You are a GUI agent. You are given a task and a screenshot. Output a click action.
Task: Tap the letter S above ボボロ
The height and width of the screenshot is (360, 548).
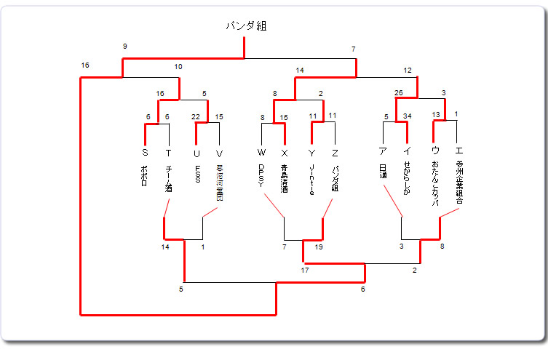pos(146,153)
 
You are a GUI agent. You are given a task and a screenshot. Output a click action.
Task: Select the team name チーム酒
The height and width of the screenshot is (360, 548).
pos(168,178)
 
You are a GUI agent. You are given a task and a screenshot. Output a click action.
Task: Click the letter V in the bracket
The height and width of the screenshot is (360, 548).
pos(219,153)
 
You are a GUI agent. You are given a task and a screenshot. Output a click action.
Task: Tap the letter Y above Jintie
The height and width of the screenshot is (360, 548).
pos(311,153)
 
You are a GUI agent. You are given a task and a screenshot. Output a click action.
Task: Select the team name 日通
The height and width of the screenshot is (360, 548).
pos(383,172)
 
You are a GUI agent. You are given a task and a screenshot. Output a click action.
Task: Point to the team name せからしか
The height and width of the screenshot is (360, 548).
pos(406,180)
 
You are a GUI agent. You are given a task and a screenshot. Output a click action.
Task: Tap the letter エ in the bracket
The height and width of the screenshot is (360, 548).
pos(458,151)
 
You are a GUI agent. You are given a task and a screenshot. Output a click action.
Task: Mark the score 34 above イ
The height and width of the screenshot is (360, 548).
pos(407,116)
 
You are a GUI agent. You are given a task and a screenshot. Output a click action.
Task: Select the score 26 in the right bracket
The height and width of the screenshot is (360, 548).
pos(398,92)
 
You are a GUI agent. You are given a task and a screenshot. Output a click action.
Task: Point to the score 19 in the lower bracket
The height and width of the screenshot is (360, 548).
pos(319,247)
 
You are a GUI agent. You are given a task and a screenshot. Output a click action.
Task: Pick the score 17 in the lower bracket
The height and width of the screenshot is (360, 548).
pos(306,271)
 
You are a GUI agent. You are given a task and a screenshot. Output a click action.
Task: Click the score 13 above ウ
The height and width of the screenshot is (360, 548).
pos(435,115)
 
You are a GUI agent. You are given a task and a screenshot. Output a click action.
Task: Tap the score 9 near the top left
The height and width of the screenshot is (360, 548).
pos(125,47)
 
